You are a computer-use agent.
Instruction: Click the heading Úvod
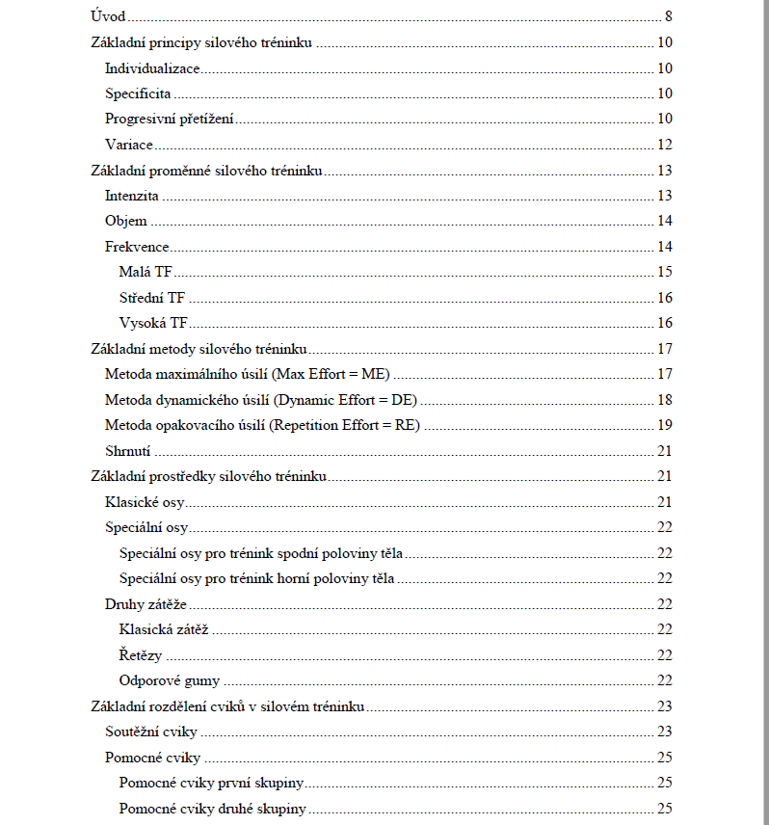coord(107,17)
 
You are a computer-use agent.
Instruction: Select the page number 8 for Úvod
coord(668,17)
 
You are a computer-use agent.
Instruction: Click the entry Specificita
coord(138,94)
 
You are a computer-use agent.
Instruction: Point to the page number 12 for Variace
coord(664,146)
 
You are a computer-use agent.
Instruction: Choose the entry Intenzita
coord(132,196)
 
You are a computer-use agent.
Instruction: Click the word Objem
coord(126,222)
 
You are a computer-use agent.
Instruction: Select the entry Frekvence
coord(137,247)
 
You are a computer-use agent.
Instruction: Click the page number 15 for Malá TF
coord(664,272)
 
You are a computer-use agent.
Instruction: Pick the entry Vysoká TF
coord(153,323)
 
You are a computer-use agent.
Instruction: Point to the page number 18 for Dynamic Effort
coord(664,400)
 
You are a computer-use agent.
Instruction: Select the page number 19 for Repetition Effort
coord(664,425)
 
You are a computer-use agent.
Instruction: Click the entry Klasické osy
coord(145,502)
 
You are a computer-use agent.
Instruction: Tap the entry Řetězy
coord(141,655)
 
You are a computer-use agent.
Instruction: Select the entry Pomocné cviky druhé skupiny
coord(212,809)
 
